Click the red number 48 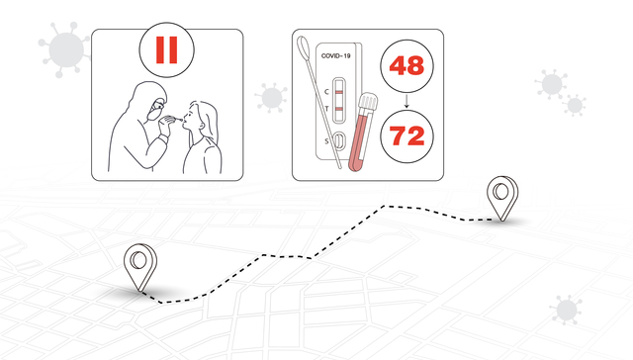coord(407,65)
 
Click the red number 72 coord(407,136)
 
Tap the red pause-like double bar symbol coord(167,50)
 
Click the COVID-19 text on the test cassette coord(335,55)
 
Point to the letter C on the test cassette coord(326,92)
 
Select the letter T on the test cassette coord(327,109)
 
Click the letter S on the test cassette coord(326,141)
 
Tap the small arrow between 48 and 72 coord(407,101)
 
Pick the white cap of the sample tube coord(368,101)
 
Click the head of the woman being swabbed coord(202,117)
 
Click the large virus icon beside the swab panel coord(64,49)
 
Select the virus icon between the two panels coord(271,98)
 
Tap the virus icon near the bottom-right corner coord(567,310)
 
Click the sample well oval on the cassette coord(340,140)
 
